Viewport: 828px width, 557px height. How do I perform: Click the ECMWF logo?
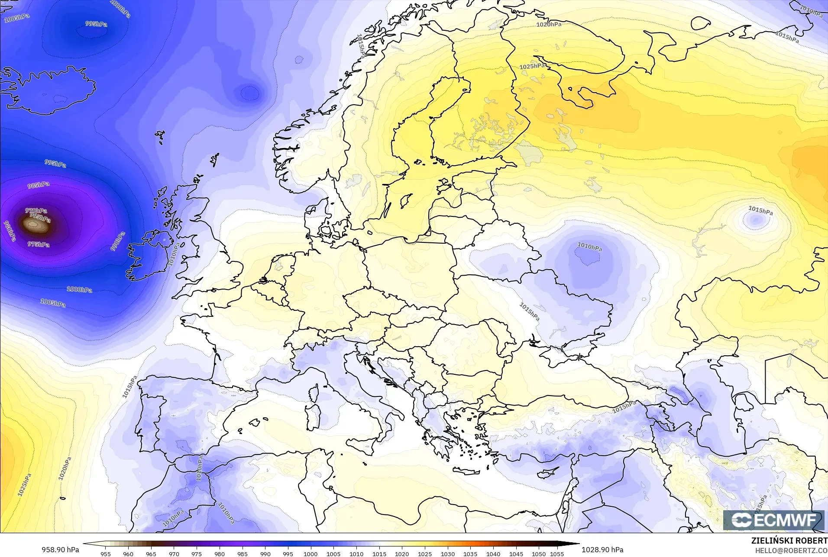773,520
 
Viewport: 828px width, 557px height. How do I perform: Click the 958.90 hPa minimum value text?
60,550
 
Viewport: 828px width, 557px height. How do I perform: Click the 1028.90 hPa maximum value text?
602,550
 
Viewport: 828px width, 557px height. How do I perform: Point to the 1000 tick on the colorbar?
310,554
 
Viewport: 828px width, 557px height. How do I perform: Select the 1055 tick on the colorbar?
557,554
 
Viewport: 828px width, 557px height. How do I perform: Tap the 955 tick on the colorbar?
105,554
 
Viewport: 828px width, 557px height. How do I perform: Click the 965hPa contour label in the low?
40,218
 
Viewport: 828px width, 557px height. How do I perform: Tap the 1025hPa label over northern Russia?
532,66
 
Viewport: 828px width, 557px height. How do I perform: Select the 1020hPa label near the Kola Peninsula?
549,25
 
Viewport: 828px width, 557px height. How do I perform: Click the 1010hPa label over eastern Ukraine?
589,247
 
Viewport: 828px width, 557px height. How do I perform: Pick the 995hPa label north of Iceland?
96,24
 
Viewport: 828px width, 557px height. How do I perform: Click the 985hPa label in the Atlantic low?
39,185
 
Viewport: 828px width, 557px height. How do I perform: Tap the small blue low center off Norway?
249,93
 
